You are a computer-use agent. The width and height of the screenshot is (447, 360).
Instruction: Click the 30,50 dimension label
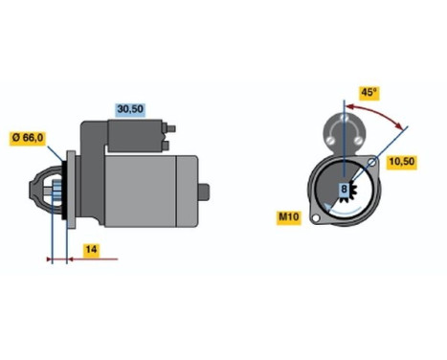[130, 109]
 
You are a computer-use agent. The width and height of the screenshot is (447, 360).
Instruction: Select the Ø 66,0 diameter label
[28, 138]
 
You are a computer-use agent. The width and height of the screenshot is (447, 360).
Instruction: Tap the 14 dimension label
[90, 251]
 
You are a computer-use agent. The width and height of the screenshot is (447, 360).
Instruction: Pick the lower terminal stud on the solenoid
[168, 146]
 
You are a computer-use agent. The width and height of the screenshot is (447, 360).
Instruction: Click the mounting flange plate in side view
[65, 191]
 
